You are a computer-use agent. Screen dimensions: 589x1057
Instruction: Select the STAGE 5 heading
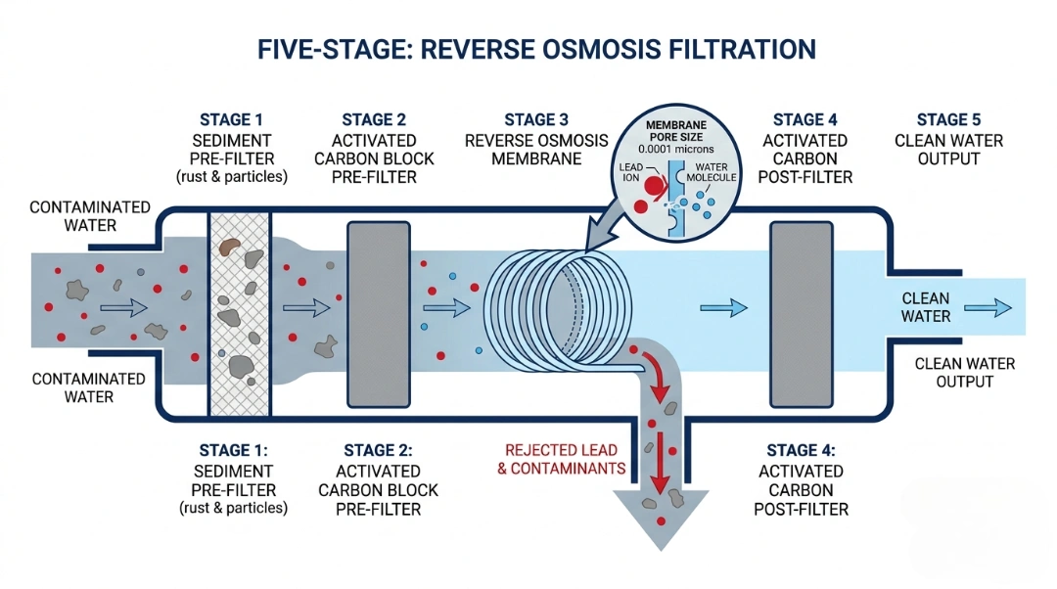click(948, 119)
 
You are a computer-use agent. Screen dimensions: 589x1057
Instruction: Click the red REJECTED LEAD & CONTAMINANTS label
click(562, 459)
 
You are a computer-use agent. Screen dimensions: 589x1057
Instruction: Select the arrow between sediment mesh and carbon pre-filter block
click(305, 307)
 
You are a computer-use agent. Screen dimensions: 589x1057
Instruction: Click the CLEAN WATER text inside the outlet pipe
click(925, 307)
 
